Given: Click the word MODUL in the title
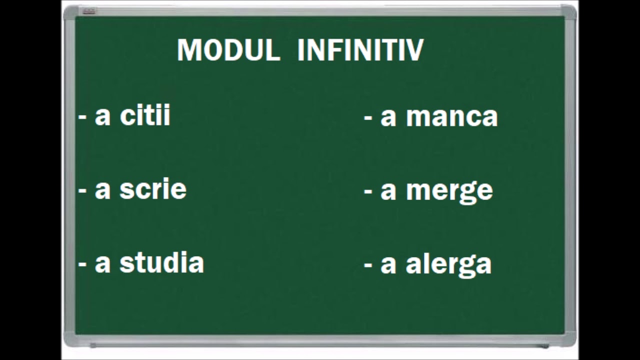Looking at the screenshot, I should [x=228, y=50].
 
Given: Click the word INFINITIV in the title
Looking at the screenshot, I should [x=360, y=50].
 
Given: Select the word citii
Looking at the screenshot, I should [x=145, y=115].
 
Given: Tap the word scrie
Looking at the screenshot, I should [x=153, y=189].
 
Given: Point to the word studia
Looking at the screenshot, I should [x=161, y=262].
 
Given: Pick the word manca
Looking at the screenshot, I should [x=451, y=117].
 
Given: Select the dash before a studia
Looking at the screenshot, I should [x=82, y=265].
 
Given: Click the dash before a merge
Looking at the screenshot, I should [x=368, y=192].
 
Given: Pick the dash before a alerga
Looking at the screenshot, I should [x=368, y=265].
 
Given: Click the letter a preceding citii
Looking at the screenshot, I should [x=102, y=117].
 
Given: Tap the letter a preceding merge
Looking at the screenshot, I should [x=388, y=191].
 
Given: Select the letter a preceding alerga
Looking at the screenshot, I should [x=388, y=265].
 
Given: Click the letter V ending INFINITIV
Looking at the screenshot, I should [x=415, y=50].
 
